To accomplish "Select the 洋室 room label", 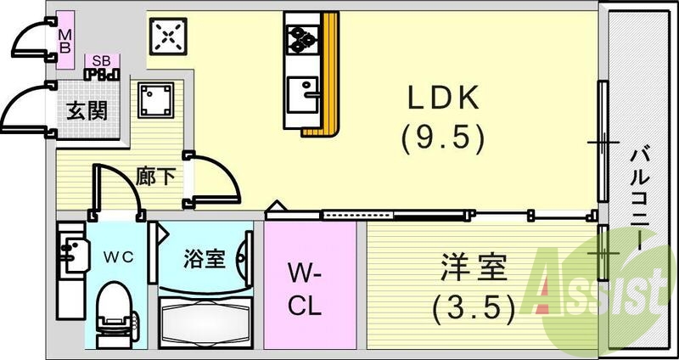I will (x=474, y=272).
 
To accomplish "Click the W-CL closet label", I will (x=303, y=289).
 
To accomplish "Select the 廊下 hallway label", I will (x=156, y=177).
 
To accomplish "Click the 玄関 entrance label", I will (x=87, y=110).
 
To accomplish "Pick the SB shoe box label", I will (x=102, y=61).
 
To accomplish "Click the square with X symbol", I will (x=167, y=35).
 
